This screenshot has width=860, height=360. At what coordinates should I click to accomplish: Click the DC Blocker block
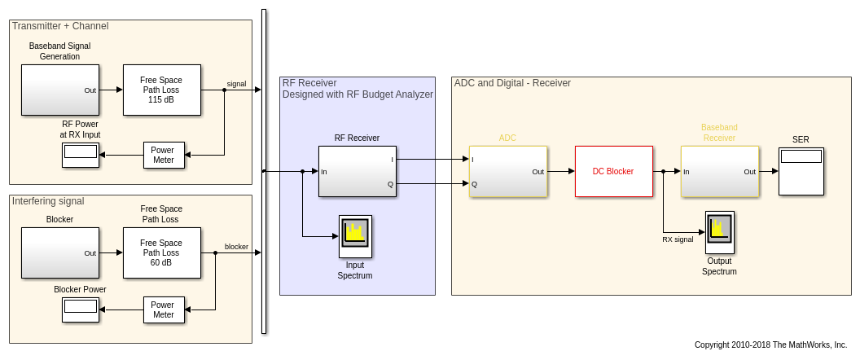(613, 171)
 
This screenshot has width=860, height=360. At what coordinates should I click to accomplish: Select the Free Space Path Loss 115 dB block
(161, 90)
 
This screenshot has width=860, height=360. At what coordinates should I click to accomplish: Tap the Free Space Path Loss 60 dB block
(161, 252)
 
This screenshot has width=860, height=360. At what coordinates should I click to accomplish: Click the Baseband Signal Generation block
(59, 90)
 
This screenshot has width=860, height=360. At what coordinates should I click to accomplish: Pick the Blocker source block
(59, 252)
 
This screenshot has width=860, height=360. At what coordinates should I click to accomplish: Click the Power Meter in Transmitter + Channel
(164, 155)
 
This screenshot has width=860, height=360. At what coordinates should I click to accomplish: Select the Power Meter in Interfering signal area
(164, 310)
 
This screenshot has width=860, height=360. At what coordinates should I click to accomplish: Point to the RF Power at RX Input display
(81, 155)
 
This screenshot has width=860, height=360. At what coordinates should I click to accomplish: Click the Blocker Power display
(81, 310)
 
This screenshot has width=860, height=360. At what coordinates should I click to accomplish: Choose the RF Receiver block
(357, 171)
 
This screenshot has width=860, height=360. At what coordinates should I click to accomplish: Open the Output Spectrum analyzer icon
(719, 232)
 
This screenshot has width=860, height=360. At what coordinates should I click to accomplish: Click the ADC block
(507, 171)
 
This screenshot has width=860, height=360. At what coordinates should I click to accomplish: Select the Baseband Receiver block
(719, 171)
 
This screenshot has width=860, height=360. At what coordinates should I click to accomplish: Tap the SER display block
(801, 171)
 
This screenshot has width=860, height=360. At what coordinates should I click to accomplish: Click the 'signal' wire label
(236, 84)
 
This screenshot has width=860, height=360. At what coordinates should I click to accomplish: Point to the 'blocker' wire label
(236, 247)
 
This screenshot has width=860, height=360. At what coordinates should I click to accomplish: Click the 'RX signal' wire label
(678, 239)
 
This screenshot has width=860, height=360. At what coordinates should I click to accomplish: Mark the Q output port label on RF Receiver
(391, 184)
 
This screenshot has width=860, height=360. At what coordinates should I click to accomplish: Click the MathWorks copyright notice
(770, 345)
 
